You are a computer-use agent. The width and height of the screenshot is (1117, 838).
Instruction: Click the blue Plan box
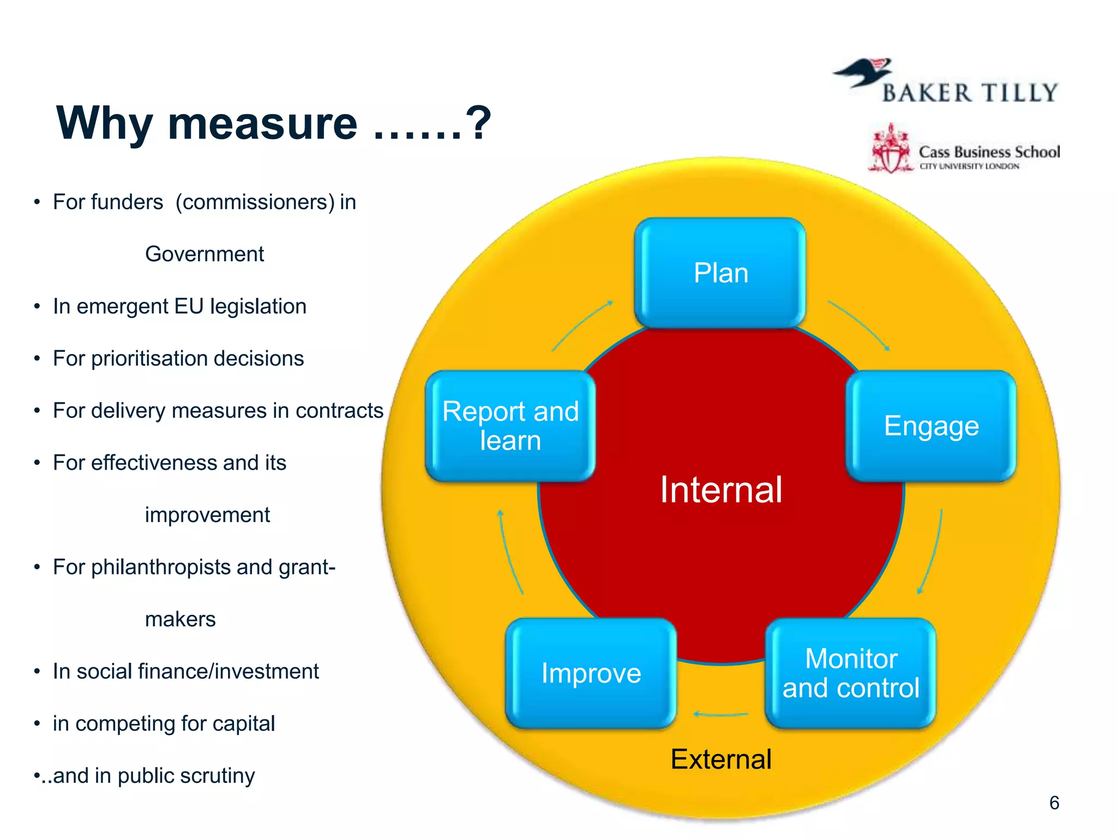[720, 273]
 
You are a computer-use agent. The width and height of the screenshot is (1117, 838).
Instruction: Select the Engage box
[931, 426]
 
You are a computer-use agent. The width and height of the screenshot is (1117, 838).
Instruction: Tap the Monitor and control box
[850, 673]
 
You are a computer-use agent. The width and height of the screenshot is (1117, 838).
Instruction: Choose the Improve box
[591, 673]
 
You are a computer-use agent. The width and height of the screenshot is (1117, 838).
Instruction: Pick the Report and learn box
[510, 426]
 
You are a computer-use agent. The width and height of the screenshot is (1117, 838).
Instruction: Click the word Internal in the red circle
[720, 489]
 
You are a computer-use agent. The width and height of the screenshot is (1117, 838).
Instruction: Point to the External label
[720, 759]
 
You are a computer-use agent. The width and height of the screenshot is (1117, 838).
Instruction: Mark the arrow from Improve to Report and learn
[510, 552]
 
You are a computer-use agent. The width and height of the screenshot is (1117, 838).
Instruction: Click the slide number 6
[1054, 803]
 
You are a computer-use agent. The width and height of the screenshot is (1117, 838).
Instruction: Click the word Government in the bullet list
[204, 254]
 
